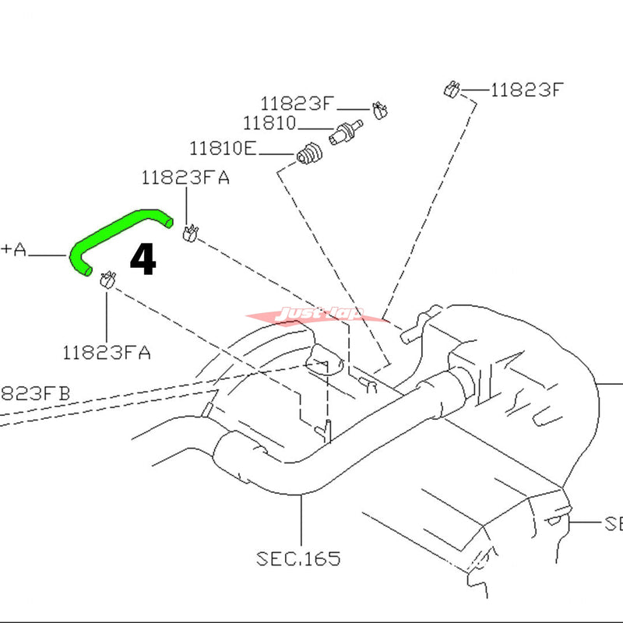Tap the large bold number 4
(143, 260)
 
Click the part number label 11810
(269, 123)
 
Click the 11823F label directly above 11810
(297, 103)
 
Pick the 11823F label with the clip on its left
(526, 90)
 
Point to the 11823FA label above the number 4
(185, 178)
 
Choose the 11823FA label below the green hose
(107, 353)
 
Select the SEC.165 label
(298, 558)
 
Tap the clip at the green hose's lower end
(108, 278)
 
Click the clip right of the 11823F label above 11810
(380, 110)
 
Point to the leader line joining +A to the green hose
(50, 254)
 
